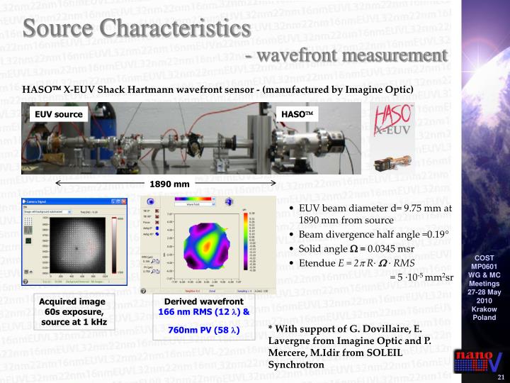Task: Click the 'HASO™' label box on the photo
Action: [x=297, y=114]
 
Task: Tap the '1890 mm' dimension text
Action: [x=169, y=184]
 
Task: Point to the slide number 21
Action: [x=500, y=377]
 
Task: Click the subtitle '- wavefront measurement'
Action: [x=347, y=55]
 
